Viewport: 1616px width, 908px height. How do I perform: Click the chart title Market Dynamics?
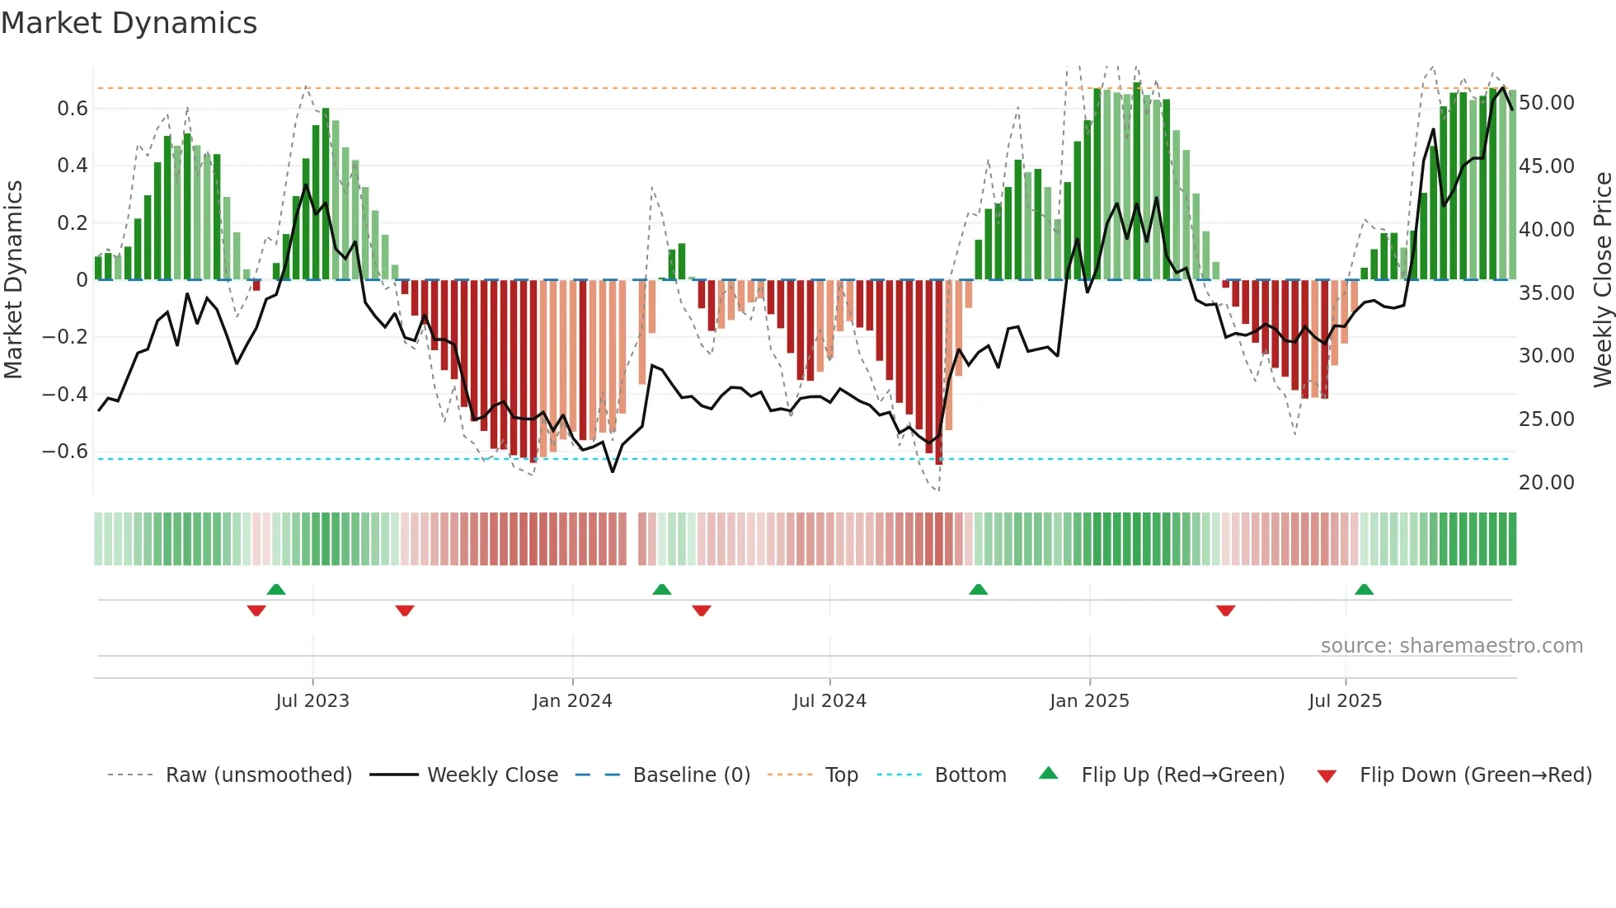tap(129, 23)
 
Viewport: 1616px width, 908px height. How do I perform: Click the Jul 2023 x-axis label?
tap(312, 701)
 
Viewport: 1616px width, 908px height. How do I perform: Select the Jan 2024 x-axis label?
tap(572, 701)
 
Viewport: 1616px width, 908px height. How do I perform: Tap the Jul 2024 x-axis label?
tap(829, 701)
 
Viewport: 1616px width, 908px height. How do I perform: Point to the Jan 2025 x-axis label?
tap(1089, 701)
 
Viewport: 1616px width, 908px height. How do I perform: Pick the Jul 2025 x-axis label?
tap(1345, 701)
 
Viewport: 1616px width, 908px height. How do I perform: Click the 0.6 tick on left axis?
tap(73, 109)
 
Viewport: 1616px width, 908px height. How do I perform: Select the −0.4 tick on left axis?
tap(65, 395)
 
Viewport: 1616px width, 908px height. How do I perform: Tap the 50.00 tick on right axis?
tap(1547, 103)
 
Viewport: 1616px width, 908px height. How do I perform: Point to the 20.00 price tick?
tap(1547, 483)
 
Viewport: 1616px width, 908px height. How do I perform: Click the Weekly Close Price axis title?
tap(1602, 280)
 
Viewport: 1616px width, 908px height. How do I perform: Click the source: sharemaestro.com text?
tap(1451, 646)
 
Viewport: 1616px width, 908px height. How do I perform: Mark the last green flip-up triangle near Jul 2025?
tap(1364, 590)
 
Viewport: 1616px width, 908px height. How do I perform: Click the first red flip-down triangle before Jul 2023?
tap(256, 611)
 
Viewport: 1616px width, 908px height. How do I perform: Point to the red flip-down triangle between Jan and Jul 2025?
tap(1225, 611)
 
